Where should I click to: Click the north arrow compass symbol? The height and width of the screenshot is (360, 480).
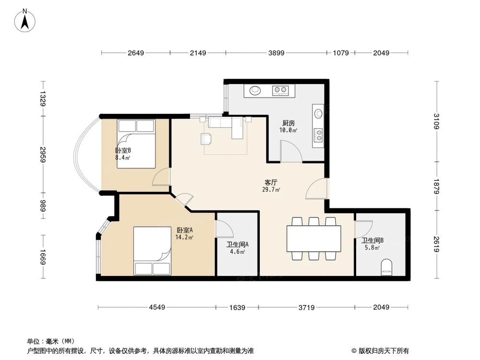[25, 21]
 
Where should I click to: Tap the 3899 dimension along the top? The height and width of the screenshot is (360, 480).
[276, 53]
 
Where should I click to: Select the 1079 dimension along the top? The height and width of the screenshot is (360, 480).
[341, 53]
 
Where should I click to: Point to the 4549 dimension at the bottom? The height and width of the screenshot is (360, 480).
[157, 307]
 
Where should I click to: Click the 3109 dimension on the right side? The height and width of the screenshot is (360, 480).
[436, 121]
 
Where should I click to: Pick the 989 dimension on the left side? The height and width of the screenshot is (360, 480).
[43, 205]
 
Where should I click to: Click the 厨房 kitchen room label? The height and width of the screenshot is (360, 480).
[288, 123]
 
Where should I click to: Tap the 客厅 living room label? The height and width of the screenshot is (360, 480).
[271, 182]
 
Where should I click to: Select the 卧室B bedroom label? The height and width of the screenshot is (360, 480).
[123, 151]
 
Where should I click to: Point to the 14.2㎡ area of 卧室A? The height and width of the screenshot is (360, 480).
[184, 237]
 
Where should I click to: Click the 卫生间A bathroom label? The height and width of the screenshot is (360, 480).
[237, 245]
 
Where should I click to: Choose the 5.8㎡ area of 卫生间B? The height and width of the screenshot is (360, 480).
[372, 248]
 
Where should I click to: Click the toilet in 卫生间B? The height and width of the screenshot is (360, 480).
[387, 268]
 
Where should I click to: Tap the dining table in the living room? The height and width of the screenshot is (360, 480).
[314, 239]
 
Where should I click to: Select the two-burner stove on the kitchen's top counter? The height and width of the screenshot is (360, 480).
[280, 90]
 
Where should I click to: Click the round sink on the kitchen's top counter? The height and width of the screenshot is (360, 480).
[255, 90]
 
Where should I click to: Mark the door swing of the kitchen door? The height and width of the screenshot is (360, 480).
[291, 151]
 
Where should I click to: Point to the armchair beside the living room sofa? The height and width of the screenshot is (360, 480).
[206, 139]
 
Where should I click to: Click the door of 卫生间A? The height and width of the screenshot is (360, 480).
[224, 228]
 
